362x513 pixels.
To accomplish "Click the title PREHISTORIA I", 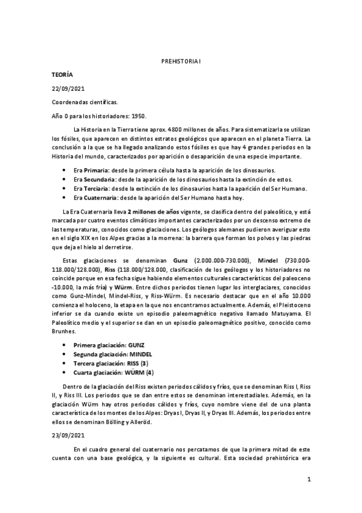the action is (181, 62).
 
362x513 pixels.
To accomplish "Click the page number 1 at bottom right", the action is (308, 480).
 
